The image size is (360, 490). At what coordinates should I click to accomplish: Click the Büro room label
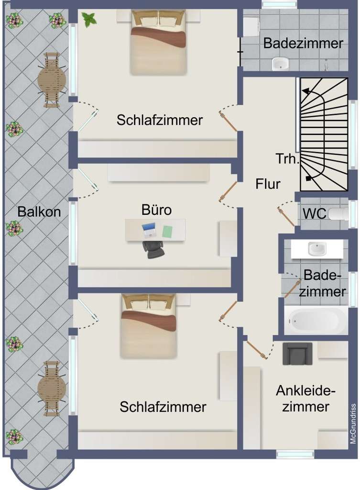(x=156, y=210)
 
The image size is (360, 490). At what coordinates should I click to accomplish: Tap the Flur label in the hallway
(x=268, y=184)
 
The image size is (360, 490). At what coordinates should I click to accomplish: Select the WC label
(x=314, y=213)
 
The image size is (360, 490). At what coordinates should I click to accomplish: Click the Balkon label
(x=39, y=212)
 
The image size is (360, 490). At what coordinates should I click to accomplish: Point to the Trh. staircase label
(x=287, y=158)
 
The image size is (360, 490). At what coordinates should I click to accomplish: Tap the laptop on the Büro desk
(x=150, y=230)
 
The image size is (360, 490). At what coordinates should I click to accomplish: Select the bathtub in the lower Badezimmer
(x=316, y=320)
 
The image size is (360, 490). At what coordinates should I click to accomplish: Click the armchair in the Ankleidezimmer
(x=297, y=353)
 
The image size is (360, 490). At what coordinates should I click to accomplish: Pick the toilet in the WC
(x=340, y=213)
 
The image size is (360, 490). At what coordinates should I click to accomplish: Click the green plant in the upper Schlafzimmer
(x=89, y=19)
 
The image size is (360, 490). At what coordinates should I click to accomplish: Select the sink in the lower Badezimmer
(x=316, y=248)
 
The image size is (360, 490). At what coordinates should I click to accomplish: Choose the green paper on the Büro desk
(x=167, y=232)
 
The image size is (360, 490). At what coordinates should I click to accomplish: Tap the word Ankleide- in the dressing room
(x=305, y=391)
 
